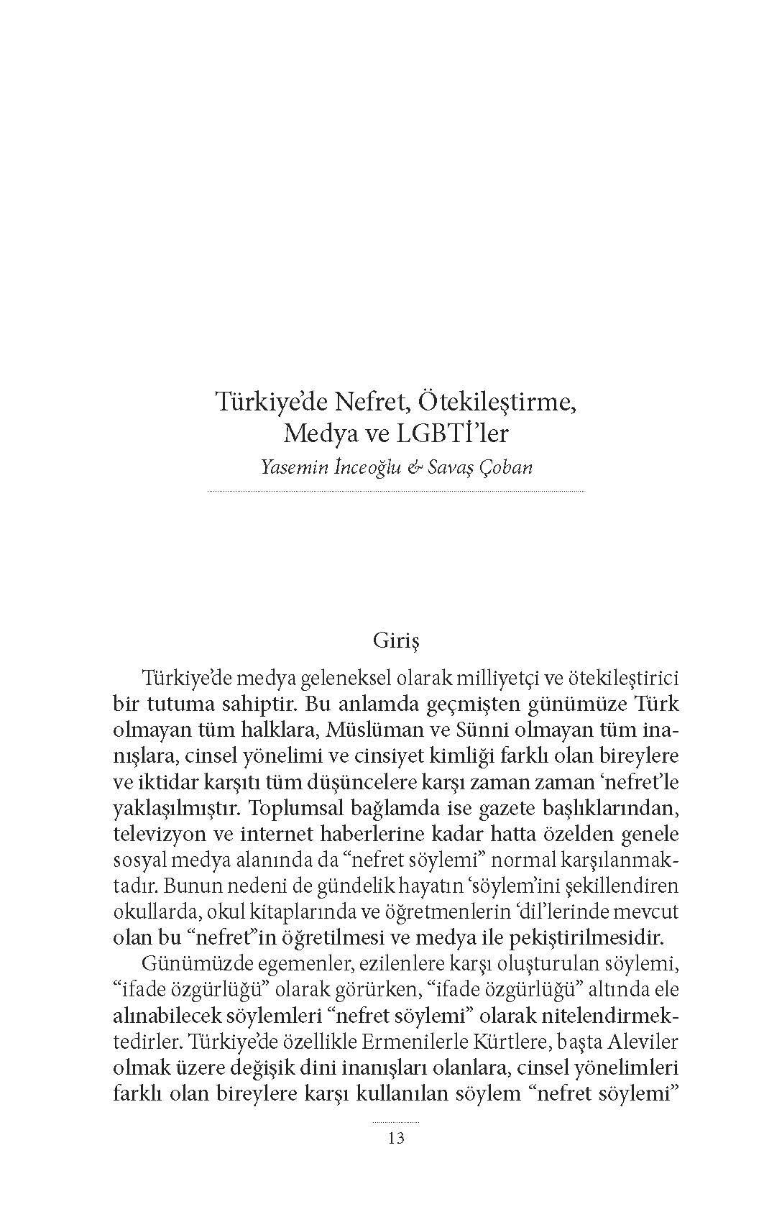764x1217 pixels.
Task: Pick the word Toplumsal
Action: tap(298, 808)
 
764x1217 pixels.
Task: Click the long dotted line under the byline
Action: tap(396, 492)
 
